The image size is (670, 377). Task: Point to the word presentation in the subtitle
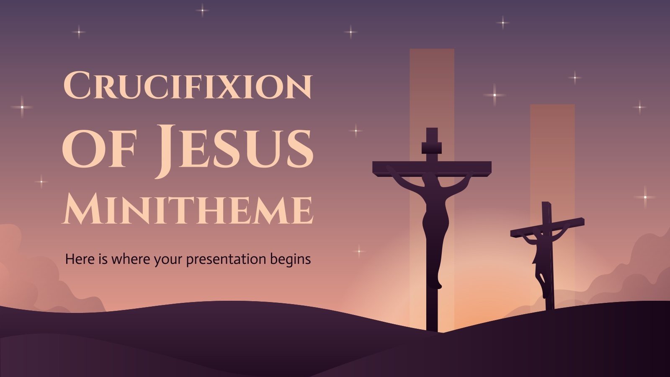tap(226, 259)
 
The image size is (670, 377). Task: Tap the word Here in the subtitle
tap(77, 259)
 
